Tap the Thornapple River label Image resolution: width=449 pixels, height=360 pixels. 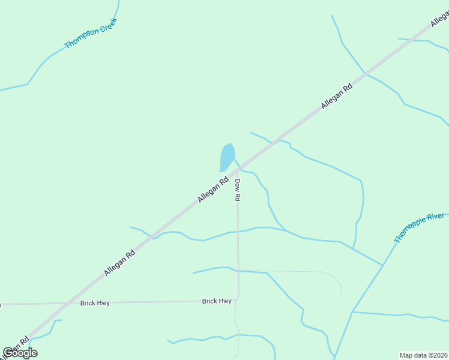tap(419, 227)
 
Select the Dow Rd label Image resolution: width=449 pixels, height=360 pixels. tap(238, 190)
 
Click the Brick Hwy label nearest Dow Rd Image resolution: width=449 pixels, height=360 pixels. tap(217, 301)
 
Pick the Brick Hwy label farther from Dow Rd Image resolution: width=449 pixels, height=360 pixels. tap(95, 304)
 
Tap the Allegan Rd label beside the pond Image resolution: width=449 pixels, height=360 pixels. tap(214, 188)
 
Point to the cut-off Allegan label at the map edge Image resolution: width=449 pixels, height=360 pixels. tap(440, 18)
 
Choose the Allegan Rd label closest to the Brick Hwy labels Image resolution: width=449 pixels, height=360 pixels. tap(119, 263)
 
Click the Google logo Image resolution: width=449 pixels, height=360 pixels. tap(20, 353)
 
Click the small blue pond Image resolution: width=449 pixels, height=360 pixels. tap(227, 157)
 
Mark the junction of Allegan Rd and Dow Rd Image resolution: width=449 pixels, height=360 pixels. tap(236, 172)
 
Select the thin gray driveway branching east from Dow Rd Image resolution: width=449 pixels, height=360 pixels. tap(288, 271)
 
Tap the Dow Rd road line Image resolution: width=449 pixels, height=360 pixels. tap(238, 240)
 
